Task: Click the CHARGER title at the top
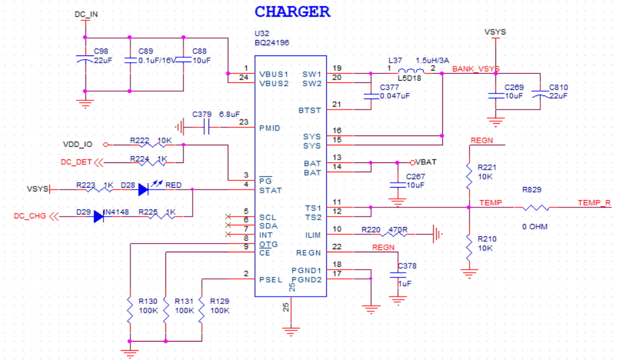[292, 12]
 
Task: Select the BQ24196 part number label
[272, 43]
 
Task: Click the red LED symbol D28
[143, 190]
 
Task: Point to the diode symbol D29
[98, 217]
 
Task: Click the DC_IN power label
[86, 14]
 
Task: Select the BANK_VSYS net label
[476, 69]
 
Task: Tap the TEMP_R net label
[594, 202]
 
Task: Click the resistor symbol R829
[536, 208]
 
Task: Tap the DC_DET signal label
[76, 162]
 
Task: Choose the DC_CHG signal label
[30, 216]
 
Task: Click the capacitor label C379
[202, 114]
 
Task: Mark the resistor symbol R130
[130, 311]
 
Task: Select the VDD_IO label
[78, 145]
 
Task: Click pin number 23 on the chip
[244, 122]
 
